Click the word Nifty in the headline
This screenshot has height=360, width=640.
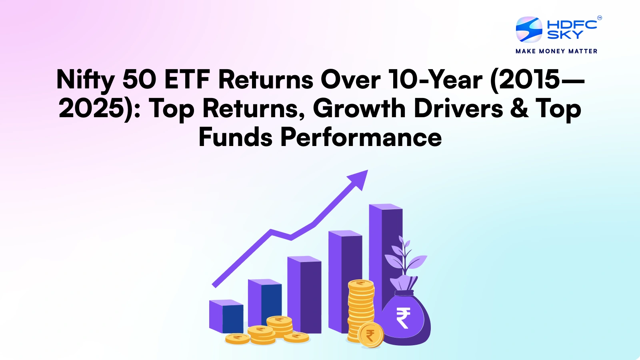pos(85,80)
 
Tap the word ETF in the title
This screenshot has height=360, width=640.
pos(187,79)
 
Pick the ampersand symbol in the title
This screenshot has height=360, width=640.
pos(519,108)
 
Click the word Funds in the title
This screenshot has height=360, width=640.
pos(236,137)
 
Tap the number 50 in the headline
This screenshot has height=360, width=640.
pos(139,79)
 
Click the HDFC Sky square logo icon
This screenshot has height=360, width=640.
pos(529,29)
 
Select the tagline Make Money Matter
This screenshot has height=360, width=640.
pos(556,51)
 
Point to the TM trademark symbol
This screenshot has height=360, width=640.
pos(599,18)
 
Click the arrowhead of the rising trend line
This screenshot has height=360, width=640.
pos(359,178)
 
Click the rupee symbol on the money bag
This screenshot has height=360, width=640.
pos(403,318)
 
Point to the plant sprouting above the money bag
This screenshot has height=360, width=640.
pos(405,256)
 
